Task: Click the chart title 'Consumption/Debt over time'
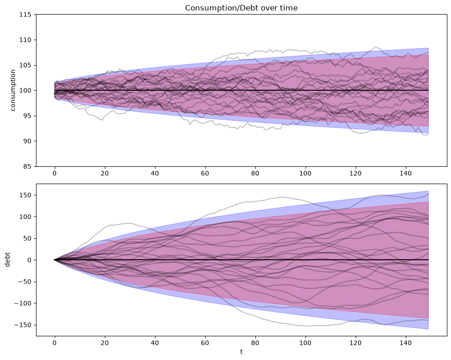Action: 241,8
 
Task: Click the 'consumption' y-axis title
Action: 13,90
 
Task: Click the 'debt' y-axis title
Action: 7,260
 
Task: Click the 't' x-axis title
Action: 241,352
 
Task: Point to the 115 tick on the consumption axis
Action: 26,15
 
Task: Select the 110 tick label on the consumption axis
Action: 26,40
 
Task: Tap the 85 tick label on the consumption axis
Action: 28,166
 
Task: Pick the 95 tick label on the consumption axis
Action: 28,116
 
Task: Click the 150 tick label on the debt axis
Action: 26,195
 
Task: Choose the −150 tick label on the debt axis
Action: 24,325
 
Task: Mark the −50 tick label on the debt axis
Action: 26,282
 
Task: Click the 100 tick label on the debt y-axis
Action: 26,216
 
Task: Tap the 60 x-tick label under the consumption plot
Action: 205,173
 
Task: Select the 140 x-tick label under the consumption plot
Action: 406,173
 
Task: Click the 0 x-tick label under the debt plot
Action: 54,343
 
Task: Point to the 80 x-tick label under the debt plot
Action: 255,343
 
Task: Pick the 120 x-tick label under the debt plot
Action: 356,343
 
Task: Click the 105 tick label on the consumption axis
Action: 26,65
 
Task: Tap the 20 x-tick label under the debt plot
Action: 105,343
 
